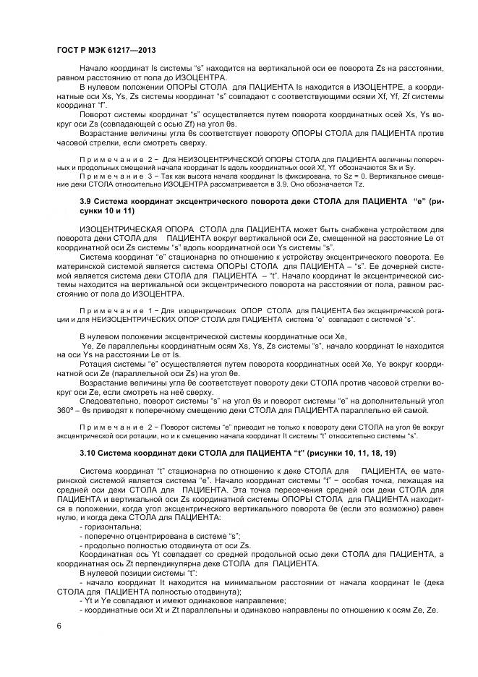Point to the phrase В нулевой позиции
(x=120, y=571)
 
